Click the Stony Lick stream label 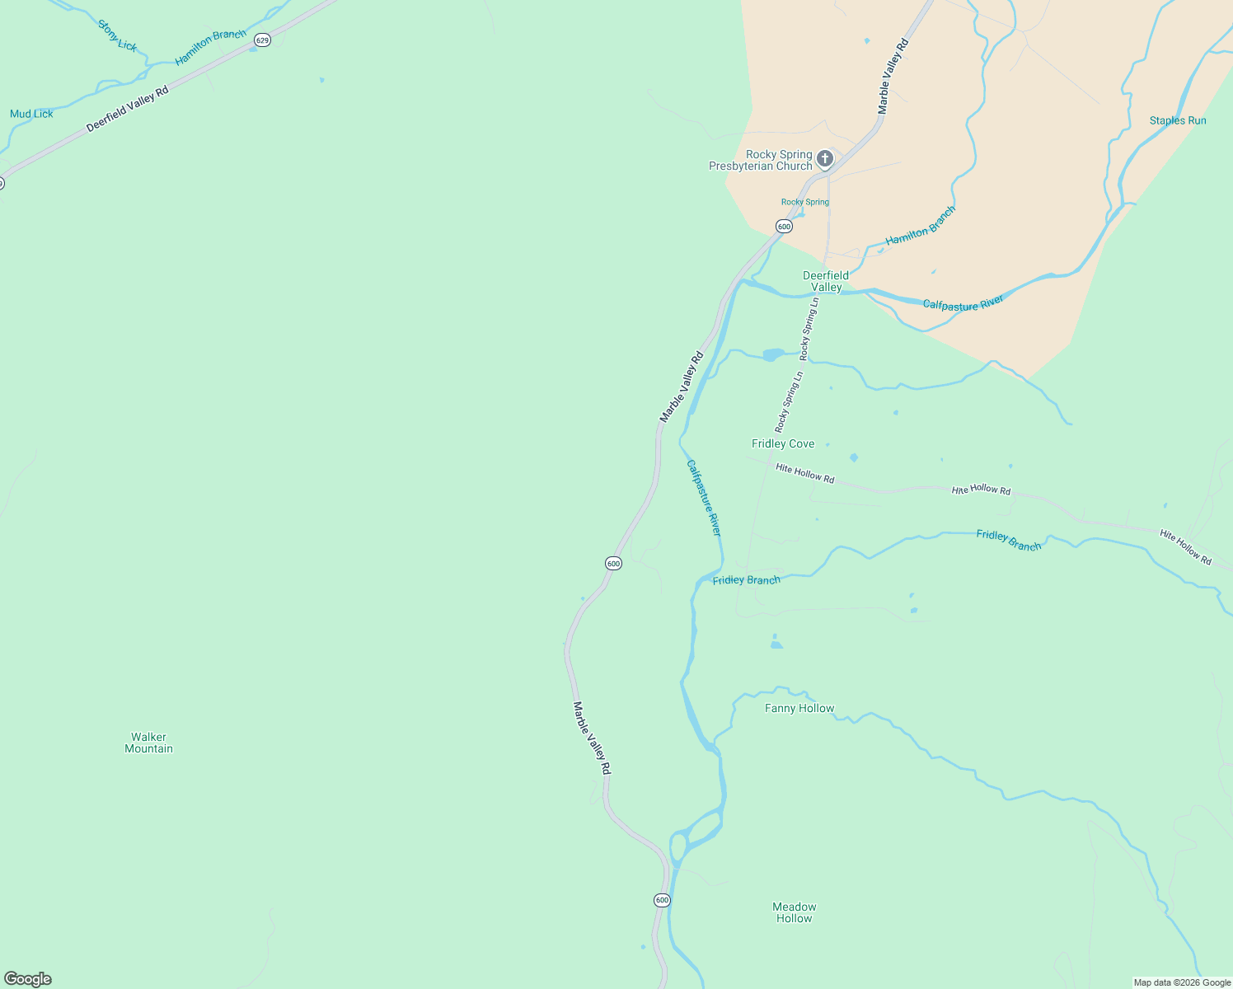tap(118, 35)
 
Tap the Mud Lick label tap(31, 114)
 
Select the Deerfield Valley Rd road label tap(127, 109)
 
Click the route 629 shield tap(262, 40)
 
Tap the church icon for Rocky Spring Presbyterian tap(825, 157)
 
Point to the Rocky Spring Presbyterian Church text tap(761, 160)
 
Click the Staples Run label tap(1178, 120)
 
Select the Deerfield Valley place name tap(826, 281)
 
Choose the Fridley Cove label tap(783, 443)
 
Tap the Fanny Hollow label tap(799, 708)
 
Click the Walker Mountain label tap(148, 743)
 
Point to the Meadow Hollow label tap(795, 912)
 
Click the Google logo tap(28, 979)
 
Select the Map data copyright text tap(1182, 982)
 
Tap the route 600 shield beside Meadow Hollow tap(662, 900)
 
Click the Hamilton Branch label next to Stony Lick tap(210, 47)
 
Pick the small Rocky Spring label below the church tap(805, 202)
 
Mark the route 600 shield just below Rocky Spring tap(784, 226)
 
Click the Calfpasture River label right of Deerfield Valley tap(963, 303)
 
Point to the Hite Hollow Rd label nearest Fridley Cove tap(805, 473)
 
